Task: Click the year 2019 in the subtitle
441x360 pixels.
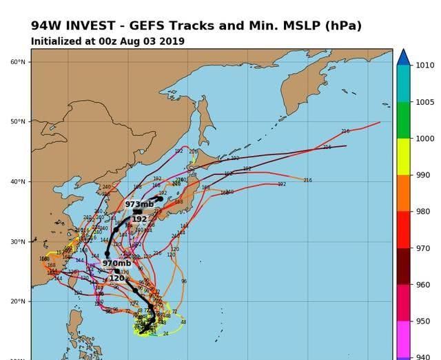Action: click(x=172, y=41)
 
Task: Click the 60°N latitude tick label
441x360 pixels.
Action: click(x=18, y=62)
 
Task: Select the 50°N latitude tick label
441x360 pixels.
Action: click(x=18, y=122)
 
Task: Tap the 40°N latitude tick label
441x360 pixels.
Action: click(x=18, y=182)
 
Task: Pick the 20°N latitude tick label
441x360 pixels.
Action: click(x=18, y=301)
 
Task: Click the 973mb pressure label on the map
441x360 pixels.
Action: click(x=139, y=205)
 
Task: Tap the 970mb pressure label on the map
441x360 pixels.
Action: click(x=116, y=263)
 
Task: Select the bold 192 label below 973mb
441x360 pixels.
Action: click(x=139, y=219)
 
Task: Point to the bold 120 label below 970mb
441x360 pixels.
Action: click(x=116, y=278)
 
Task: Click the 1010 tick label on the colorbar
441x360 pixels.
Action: click(x=424, y=66)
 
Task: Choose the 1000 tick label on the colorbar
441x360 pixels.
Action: click(x=424, y=139)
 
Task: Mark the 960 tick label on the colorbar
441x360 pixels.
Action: click(x=424, y=284)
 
